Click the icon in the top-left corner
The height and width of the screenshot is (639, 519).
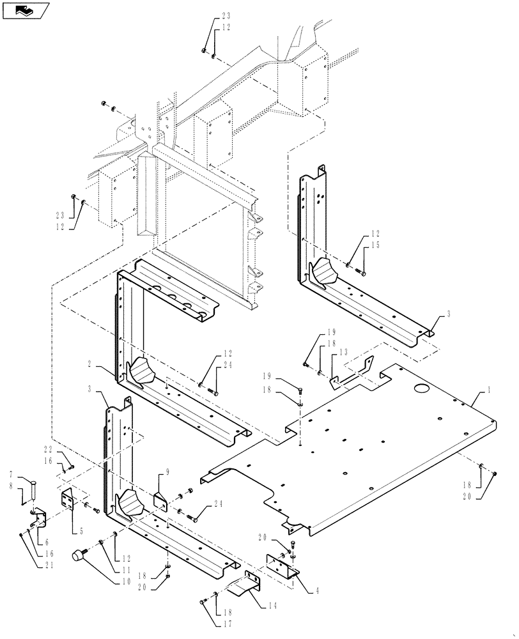[x=26, y=10]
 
